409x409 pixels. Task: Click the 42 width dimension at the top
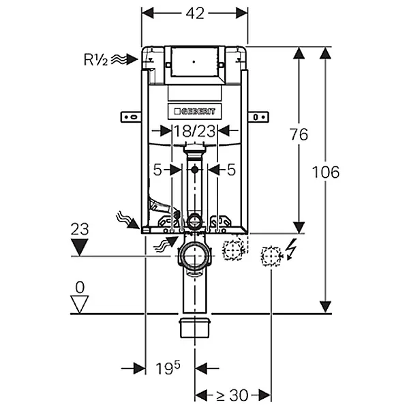tap(195, 13)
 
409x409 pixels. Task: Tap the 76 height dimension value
tap(299, 134)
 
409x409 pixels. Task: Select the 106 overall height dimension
tap(326, 172)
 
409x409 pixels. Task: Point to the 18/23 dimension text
tap(194, 131)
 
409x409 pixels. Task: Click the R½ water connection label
tap(95, 59)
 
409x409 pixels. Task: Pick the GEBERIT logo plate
tap(194, 112)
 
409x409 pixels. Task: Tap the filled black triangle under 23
tap(80, 247)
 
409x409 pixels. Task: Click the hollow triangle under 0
tap(80, 304)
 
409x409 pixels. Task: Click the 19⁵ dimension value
tap(168, 368)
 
